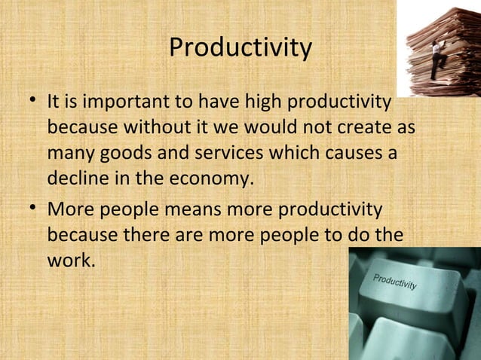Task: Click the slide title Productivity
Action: tap(240, 48)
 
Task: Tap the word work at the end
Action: tap(69, 261)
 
